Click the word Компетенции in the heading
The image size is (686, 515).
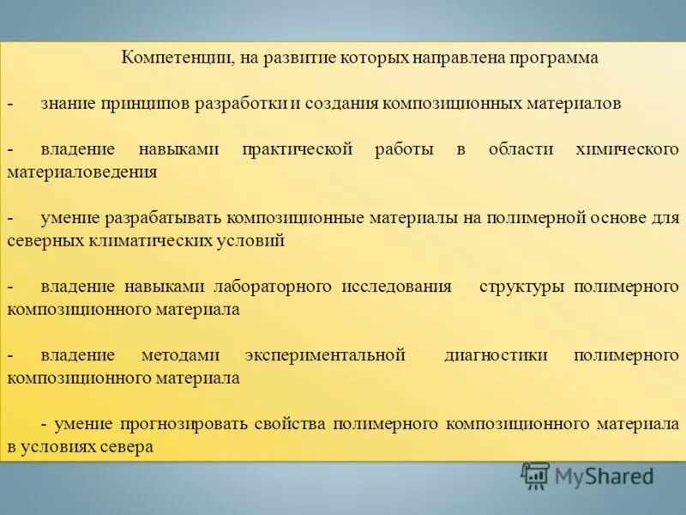[x=173, y=58]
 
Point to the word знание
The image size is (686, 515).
[x=68, y=103]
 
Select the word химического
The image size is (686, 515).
[x=629, y=149]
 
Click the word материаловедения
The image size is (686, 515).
[x=82, y=172]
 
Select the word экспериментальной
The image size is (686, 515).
[x=324, y=354]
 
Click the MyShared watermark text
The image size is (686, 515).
[x=604, y=476]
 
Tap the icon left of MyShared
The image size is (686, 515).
[x=535, y=475]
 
